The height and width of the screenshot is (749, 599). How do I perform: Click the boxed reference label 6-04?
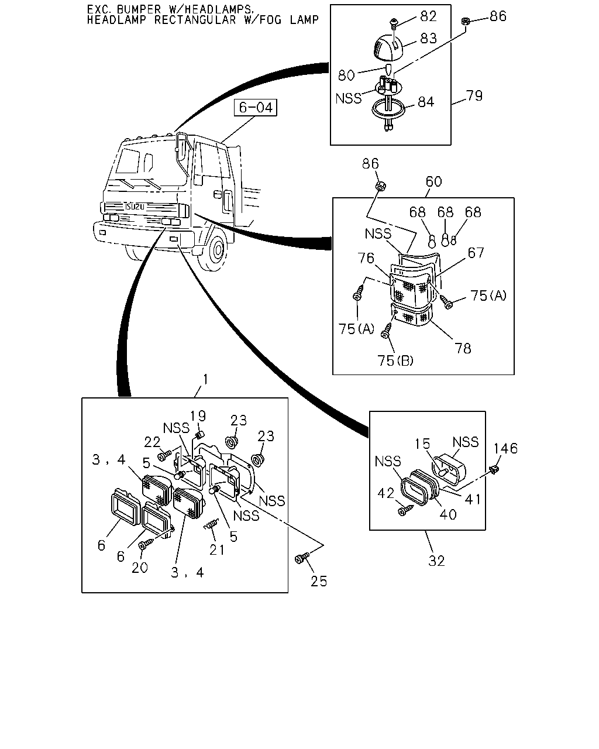click(256, 108)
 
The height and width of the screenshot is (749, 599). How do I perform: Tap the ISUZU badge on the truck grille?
click(135, 207)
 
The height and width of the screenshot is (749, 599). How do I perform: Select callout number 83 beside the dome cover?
click(428, 38)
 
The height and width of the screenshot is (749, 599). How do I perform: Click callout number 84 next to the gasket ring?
click(426, 102)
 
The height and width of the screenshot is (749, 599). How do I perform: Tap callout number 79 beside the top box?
click(474, 96)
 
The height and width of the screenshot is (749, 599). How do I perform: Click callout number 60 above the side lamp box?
click(433, 181)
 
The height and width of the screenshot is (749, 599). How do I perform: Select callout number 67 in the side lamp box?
click(476, 253)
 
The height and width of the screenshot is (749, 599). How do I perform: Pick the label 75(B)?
click(395, 361)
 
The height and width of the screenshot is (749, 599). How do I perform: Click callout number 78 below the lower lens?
click(463, 348)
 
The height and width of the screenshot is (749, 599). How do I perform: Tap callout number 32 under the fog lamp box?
click(436, 561)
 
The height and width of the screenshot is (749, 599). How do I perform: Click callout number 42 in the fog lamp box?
click(385, 493)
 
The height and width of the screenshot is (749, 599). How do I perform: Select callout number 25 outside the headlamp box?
click(319, 581)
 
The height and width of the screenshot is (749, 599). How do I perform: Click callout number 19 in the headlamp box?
click(198, 415)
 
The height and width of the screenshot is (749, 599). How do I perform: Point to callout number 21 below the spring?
click(217, 549)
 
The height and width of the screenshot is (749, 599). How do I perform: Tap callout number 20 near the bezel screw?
click(140, 568)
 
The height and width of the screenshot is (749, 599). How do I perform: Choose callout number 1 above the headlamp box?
click(205, 379)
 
